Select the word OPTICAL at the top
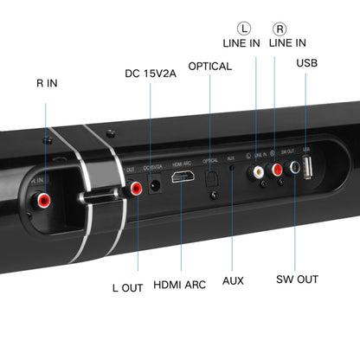[209, 66]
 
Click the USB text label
[307, 62]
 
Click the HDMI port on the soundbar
[183, 177]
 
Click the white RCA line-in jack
[257, 173]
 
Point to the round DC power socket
[156, 184]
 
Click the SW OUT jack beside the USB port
[294, 170]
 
